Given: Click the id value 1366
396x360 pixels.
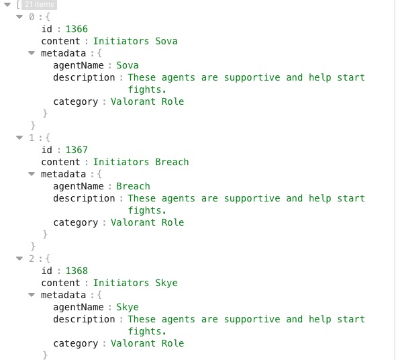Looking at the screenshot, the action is [x=77, y=29].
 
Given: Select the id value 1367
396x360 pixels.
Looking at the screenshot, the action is [x=77, y=150].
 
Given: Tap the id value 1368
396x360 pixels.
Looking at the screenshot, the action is [x=77, y=271].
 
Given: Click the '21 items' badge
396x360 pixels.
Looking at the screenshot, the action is [x=39, y=4].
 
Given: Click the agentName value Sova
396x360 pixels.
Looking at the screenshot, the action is [x=128, y=65].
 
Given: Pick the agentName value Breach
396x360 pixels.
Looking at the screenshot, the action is [x=133, y=186].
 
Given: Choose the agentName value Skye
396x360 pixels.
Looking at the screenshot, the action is [x=128, y=308].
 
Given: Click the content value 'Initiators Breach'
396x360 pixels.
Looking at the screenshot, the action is [x=141, y=162].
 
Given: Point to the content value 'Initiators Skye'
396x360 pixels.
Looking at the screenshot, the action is [x=136, y=283].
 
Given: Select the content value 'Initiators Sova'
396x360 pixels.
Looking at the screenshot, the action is [x=136, y=41].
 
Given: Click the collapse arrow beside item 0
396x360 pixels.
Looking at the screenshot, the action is [x=19, y=17].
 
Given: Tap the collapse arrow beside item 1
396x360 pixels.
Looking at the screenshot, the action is [x=19, y=138].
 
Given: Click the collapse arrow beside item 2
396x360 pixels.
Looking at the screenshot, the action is [x=19, y=259].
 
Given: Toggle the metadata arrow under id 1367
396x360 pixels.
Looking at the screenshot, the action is [x=32, y=174].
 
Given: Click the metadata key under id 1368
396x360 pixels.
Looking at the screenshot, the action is [x=63, y=295].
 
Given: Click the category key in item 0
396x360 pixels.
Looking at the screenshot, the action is [x=76, y=102].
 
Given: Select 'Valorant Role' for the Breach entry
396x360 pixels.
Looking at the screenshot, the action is [x=148, y=222].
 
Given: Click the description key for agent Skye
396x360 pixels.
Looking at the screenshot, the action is [x=84, y=320].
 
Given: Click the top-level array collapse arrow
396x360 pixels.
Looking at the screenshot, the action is [x=7, y=5].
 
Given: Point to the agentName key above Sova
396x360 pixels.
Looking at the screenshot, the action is [x=79, y=66].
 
